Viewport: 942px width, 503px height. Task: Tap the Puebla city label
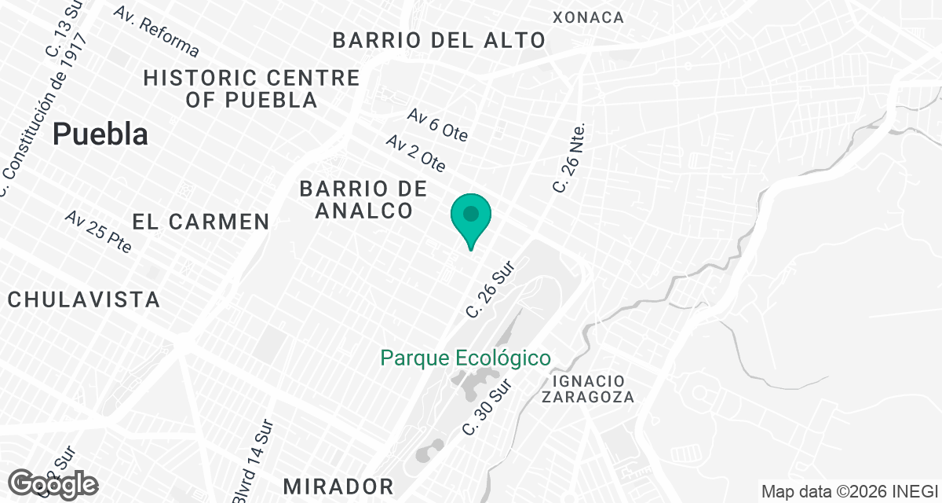pos(100,134)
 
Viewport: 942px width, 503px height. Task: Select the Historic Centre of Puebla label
pos(251,89)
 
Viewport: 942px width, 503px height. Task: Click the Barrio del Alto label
pos(439,40)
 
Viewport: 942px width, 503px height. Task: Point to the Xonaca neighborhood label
pos(588,17)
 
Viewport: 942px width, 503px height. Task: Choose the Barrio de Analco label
pos(363,200)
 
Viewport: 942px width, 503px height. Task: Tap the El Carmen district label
pos(201,222)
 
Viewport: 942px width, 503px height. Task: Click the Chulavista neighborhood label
pos(83,299)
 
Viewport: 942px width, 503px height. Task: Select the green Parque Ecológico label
pos(466,358)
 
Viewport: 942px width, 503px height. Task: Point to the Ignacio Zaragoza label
pos(588,388)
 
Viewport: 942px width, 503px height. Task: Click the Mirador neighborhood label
pos(338,485)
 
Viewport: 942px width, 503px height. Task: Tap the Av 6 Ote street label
pos(438,125)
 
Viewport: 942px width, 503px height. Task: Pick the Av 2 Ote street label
pos(416,152)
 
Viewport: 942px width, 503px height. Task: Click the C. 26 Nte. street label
pos(569,157)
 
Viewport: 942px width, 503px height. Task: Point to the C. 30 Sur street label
pos(487,408)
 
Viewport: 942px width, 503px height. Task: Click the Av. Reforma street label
pos(156,31)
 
